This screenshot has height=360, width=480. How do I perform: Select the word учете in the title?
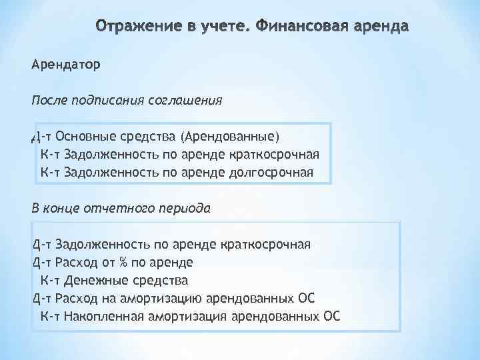tap(221, 28)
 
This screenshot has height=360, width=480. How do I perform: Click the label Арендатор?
tap(65, 65)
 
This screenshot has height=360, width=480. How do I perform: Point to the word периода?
tap(185, 208)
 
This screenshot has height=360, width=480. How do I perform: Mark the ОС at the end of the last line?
tap(331, 315)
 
